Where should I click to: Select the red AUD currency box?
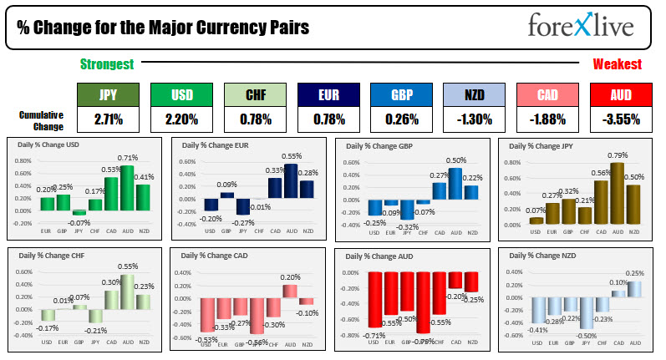click(x=618, y=94)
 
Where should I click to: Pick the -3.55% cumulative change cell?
click(x=618, y=119)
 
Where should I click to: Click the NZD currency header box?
click(x=474, y=94)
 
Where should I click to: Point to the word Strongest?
click(x=107, y=64)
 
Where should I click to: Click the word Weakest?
click(x=617, y=64)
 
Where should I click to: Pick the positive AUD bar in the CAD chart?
click(x=290, y=290)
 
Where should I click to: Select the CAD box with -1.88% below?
click(x=546, y=94)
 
